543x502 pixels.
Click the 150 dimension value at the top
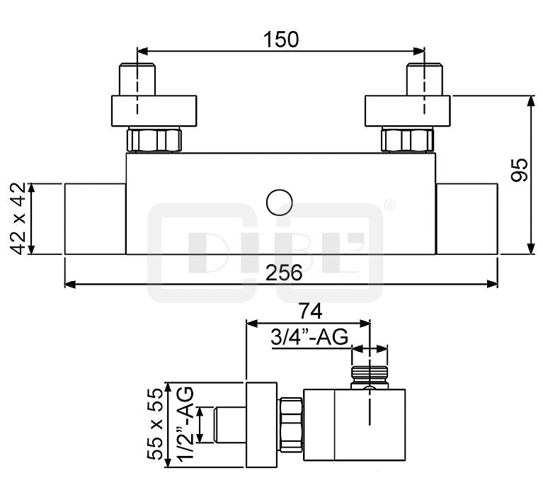point(281,39)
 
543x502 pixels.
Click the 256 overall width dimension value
point(284,273)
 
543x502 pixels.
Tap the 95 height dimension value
point(519,170)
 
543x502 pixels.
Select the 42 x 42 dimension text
point(18,218)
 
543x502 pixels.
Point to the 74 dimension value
point(311,311)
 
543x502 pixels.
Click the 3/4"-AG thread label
point(309,337)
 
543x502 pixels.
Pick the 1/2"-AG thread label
point(185,423)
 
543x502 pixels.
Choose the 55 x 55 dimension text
point(155,424)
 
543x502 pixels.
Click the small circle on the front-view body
point(280,202)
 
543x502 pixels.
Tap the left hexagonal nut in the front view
point(154,139)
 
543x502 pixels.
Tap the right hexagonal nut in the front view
point(407,139)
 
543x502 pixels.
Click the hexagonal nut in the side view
point(291,425)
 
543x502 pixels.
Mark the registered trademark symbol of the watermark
point(389,205)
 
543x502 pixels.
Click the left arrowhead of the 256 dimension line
point(70,285)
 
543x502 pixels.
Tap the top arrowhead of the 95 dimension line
point(530,101)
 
